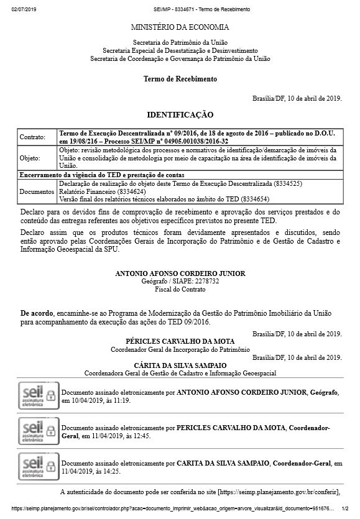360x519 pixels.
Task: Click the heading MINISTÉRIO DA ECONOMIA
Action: point(180,27)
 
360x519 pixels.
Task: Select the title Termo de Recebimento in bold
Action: point(180,80)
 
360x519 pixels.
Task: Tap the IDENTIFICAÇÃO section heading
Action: point(180,115)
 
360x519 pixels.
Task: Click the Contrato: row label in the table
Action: point(33,137)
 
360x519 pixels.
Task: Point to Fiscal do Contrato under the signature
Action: point(180,290)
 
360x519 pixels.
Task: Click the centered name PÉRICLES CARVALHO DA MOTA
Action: point(180,342)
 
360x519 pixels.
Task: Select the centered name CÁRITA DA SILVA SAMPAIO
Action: point(180,365)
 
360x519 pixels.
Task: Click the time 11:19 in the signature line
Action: point(121,402)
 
